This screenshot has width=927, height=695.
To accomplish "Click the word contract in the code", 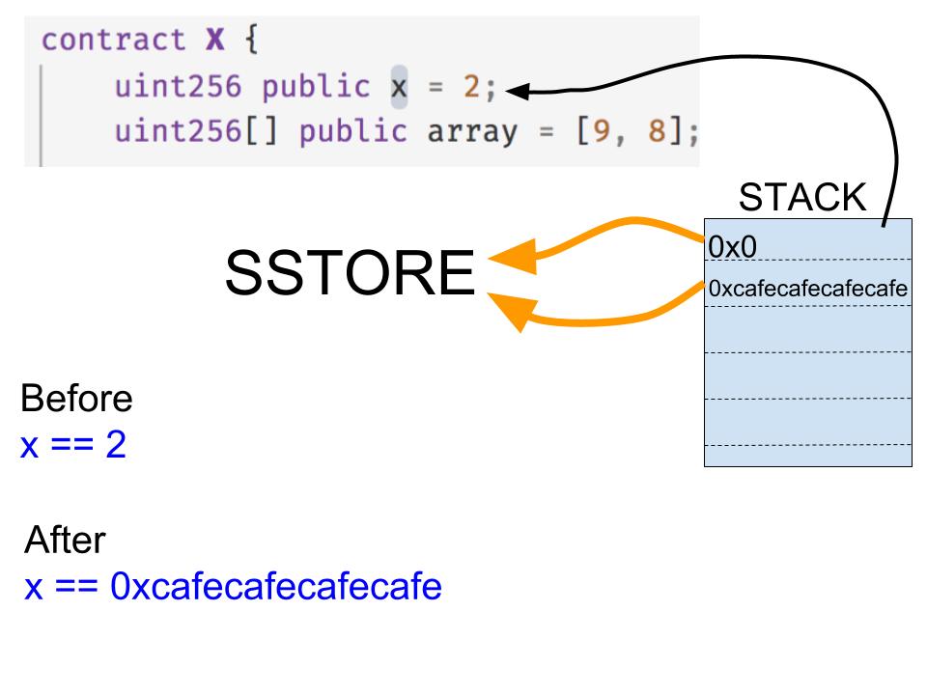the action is point(114,41).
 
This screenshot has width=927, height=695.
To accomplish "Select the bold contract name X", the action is point(215,41).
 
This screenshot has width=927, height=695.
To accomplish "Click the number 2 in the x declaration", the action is point(471,86).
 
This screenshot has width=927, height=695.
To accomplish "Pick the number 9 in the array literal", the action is point(602,130).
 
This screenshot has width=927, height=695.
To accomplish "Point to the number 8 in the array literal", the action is point(657,130).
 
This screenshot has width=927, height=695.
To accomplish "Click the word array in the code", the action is point(472,132).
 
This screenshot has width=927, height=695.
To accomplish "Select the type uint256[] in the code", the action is point(196,130).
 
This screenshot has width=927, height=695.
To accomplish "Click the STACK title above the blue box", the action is point(802,197).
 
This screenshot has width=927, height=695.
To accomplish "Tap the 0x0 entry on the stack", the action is point(733,246).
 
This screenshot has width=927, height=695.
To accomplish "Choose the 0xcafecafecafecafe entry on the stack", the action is point(807,289).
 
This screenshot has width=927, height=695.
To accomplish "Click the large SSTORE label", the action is point(350,272).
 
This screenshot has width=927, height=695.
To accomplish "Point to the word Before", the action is point(76,398).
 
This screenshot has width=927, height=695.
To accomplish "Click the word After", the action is point(65,540).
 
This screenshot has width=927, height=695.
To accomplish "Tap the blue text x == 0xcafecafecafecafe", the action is point(233,586).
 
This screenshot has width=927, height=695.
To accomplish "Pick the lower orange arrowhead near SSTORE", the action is point(513,311).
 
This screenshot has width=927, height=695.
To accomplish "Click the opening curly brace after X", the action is point(252,41).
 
